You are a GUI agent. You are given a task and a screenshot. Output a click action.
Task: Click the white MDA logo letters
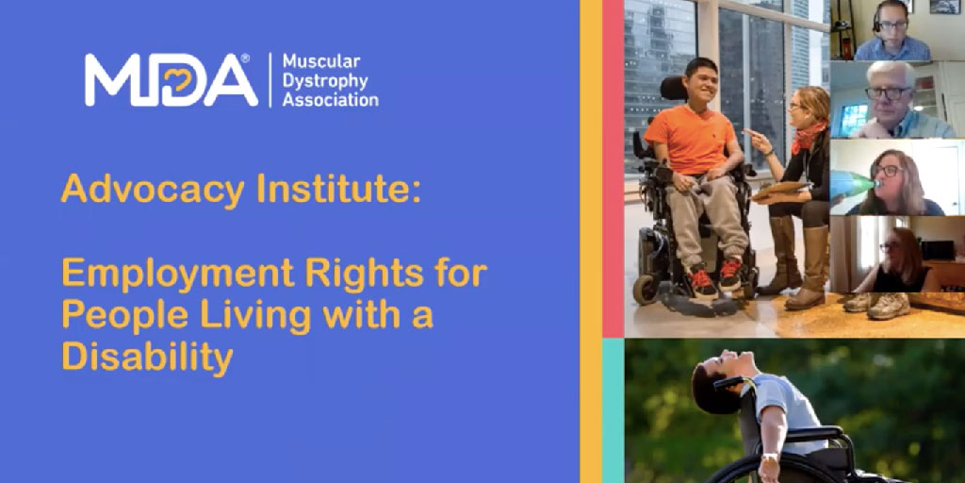172,80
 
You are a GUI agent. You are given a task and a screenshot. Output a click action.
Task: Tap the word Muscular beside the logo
321,61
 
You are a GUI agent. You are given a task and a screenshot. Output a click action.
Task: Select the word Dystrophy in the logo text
325,81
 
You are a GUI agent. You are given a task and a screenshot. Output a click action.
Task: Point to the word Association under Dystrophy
331,100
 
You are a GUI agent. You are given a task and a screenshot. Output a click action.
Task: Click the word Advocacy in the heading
154,190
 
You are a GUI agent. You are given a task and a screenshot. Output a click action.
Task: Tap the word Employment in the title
178,275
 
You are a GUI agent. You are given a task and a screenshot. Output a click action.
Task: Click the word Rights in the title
365,275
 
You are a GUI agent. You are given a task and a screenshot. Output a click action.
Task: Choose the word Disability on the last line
148,358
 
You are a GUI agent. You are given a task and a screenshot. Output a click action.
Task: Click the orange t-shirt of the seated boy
691,140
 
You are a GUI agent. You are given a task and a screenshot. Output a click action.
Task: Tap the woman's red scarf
807,138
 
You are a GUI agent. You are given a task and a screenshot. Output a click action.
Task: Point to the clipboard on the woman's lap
778,190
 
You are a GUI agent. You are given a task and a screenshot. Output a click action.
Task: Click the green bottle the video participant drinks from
853,183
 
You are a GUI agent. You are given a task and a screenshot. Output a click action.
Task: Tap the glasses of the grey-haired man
889,93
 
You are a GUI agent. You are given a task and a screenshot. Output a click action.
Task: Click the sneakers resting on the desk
877,305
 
